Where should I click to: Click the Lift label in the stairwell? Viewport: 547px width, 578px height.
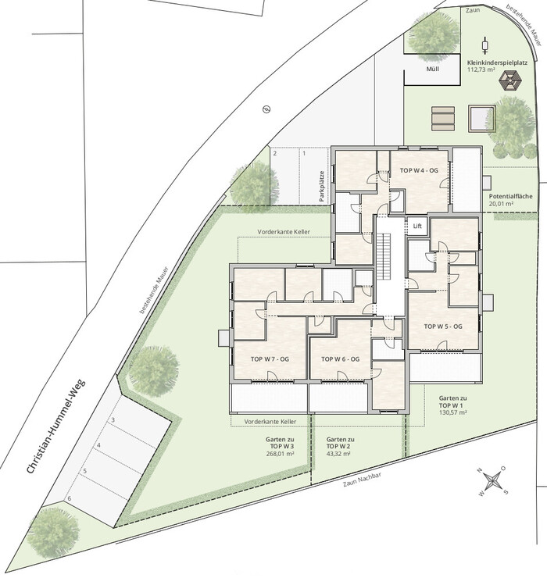tap(417, 226)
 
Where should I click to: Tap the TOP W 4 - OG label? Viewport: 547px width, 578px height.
tap(419, 171)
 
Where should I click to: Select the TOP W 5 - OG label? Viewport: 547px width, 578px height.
tap(443, 326)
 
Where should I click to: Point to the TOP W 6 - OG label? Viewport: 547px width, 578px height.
tap(340, 359)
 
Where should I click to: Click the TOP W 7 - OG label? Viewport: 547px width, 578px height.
tap(270, 359)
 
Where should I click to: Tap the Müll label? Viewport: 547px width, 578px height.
tap(432, 69)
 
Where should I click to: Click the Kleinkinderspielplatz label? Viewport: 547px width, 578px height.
tap(497, 62)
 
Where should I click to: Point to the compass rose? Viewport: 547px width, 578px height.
tap(493, 480)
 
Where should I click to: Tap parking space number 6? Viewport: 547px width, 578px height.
tap(69, 499)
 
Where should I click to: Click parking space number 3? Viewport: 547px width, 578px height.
tap(113, 420)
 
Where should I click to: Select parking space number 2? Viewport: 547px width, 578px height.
tap(275, 153)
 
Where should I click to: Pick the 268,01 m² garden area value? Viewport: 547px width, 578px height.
tap(280, 454)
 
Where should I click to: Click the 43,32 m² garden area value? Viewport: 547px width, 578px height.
tap(338, 454)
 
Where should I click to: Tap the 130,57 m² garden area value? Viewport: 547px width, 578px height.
tap(453, 412)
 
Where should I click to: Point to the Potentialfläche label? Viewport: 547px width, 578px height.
tap(510, 196)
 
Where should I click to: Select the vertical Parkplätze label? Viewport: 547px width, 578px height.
tap(322, 186)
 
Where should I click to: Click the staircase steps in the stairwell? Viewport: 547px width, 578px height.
tap(383, 256)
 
